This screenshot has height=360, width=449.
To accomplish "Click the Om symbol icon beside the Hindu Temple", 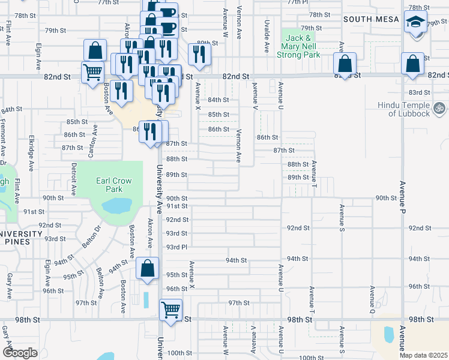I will coord(440,109).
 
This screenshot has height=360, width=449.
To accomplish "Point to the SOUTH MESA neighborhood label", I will coord(371,19).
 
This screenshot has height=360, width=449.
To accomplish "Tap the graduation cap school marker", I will coord(415,24).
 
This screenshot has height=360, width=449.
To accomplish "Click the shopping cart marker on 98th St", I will coord(171,310).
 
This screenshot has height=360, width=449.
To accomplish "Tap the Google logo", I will coord(20,353).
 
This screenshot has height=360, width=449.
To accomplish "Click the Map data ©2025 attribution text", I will coord(423,355).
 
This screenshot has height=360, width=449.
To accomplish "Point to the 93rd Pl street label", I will coord(177,247).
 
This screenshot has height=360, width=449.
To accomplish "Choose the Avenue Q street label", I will coord(372,299).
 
